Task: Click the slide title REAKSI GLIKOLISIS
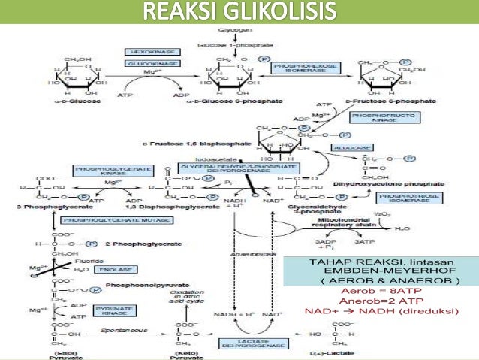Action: [x=239, y=13]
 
